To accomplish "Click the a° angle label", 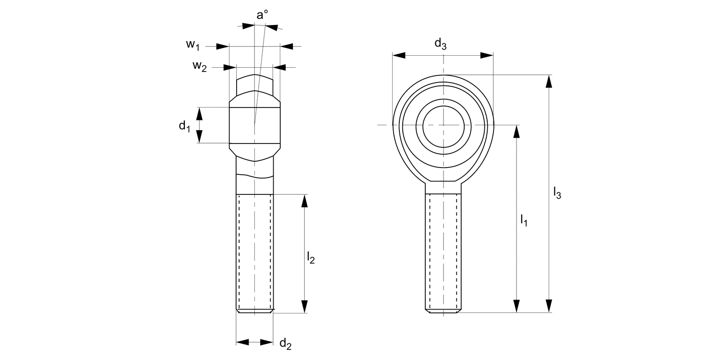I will pyautogui.click(x=262, y=15).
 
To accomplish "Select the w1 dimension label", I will pyautogui.click(x=192, y=45).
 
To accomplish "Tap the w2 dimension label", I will pyautogui.click(x=199, y=66).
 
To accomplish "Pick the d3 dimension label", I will pyautogui.click(x=440, y=44).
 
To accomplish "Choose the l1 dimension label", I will pyautogui.click(x=524, y=220).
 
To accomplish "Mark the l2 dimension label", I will pyautogui.click(x=311, y=258).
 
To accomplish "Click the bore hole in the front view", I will pyautogui.click(x=444, y=125).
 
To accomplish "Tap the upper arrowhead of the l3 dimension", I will pyautogui.click(x=549, y=81).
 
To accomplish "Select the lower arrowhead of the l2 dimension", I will pyautogui.click(x=304, y=306).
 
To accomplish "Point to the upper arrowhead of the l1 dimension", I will pyautogui.click(x=516, y=132).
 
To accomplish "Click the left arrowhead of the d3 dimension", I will pyautogui.click(x=399, y=56).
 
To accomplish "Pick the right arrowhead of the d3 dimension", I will pyautogui.click(x=487, y=56).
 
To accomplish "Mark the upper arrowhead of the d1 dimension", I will pyautogui.click(x=200, y=114).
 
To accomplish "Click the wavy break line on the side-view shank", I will pyautogui.click(x=254, y=176).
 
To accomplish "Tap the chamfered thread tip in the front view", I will pyautogui.click(x=444, y=311).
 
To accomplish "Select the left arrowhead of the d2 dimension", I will pyautogui.click(x=243, y=342).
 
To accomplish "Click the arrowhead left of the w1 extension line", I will pyautogui.click(x=222, y=47).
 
